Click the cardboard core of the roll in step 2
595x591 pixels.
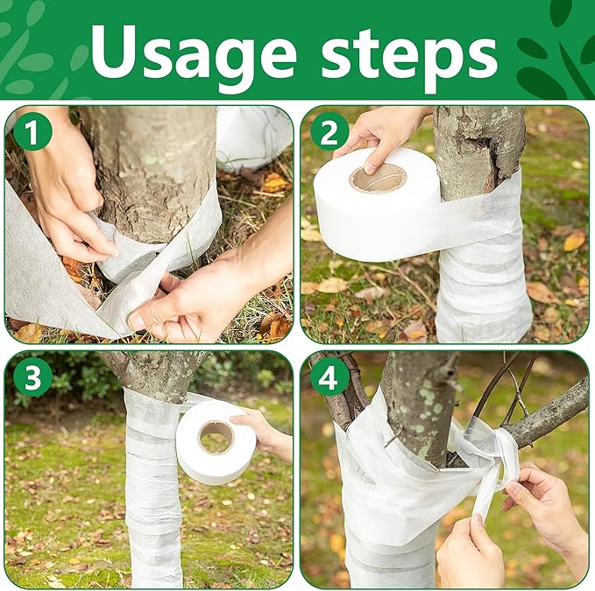pyautogui.click(x=378, y=179)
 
